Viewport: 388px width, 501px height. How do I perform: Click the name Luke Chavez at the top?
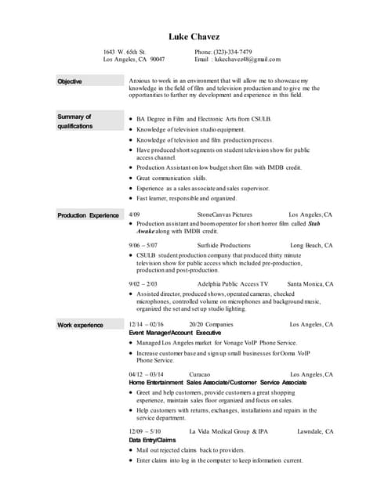194,37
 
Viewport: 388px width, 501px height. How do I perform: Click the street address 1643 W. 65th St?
125,52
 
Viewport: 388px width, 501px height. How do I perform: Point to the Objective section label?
69,81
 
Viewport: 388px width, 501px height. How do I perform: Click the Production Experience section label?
88,214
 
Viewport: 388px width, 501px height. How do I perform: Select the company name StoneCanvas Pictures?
225,214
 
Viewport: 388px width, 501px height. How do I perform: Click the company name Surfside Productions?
224,246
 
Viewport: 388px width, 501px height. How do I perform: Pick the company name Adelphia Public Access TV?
233,284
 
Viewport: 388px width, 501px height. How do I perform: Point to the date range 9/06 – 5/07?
143,246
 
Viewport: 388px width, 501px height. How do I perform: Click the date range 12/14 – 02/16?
147,324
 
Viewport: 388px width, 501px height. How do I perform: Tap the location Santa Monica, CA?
310,284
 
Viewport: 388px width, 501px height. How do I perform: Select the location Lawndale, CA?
315,431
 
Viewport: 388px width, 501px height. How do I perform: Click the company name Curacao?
200,375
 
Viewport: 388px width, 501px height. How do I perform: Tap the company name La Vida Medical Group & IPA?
229,431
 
